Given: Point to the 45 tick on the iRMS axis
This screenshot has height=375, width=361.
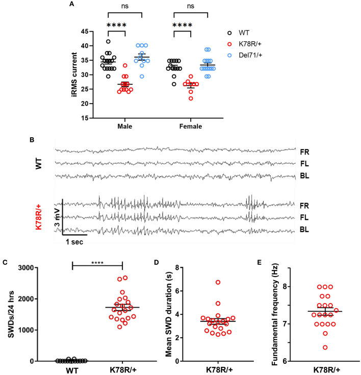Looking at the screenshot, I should (x=82, y=32).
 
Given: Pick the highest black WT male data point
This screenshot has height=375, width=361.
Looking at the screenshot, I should (x=108, y=41).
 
